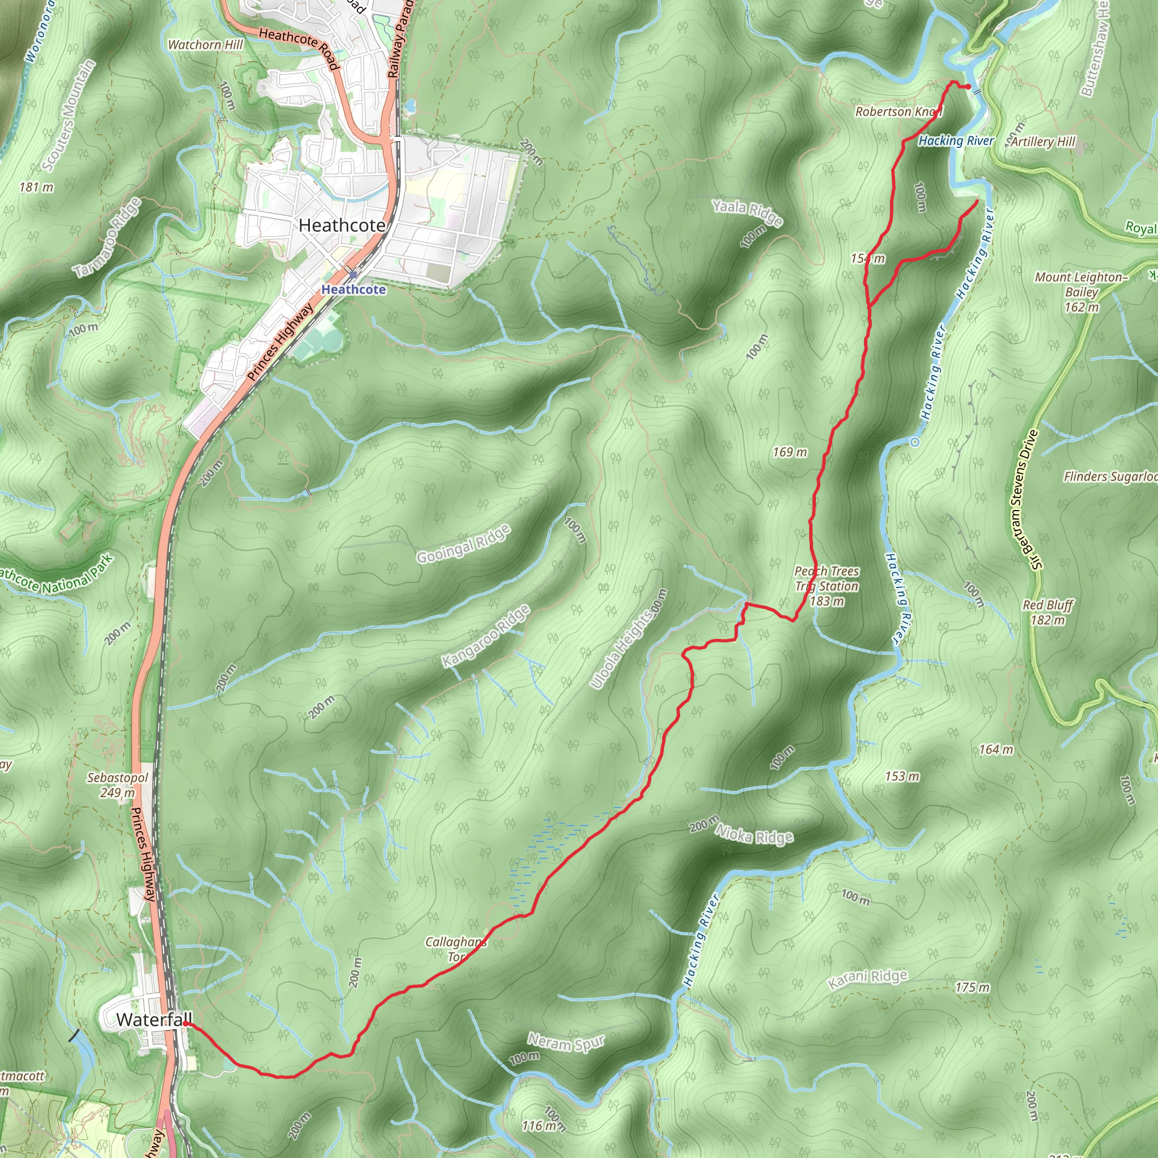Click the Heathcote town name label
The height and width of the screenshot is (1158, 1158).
[x=342, y=226]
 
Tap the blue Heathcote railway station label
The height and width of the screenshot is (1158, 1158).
[x=353, y=289]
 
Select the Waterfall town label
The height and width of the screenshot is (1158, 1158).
[x=154, y=1019]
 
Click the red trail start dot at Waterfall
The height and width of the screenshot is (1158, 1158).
[x=187, y=1025]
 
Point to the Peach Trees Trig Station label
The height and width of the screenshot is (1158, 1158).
[x=827, y=586]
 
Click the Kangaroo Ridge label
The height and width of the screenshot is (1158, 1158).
[x=486, y=637]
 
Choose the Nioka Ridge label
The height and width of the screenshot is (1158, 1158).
[x=755, y=835]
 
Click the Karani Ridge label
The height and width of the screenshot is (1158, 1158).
[x=867, y=979]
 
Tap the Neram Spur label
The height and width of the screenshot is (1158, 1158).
[x=566, y=1043]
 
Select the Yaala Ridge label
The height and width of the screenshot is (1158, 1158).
[x=747, y=213]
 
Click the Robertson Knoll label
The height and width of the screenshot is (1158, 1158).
[x=898, y=111]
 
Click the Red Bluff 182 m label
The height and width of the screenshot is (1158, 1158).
[x=1048, y=612]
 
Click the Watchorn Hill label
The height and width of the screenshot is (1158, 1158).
[x=206, y=45]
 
